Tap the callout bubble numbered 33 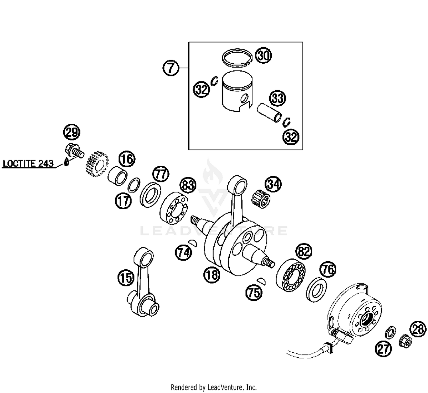(x=278, y=98)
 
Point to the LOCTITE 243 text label (x=28, y=164)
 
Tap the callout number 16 (x=127, y=159)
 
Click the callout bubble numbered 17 (x=123, y=201)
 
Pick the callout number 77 (x=161, y=174)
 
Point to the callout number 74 (x=183, y=253)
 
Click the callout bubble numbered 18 (x=212, y=275)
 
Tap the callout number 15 (x=126, y=278)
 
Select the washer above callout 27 (x=390, y=332)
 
